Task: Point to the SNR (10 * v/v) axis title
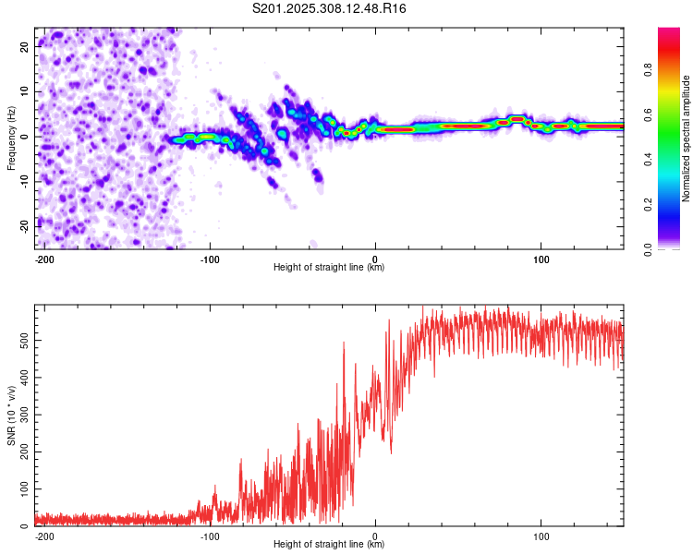[11, 415]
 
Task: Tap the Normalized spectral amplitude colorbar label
[687, 138]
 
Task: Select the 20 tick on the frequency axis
[25, 45]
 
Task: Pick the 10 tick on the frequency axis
[25, 90]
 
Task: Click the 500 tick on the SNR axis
[21, 340]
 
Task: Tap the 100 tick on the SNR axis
[21, 489]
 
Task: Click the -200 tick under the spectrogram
[43, 259]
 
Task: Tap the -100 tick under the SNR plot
[209, 536]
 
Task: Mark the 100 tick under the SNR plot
[541, 536]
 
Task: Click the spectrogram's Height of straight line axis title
[329, 268]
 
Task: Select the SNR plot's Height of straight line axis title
[329, 545]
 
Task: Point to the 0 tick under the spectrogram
[375, 259]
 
